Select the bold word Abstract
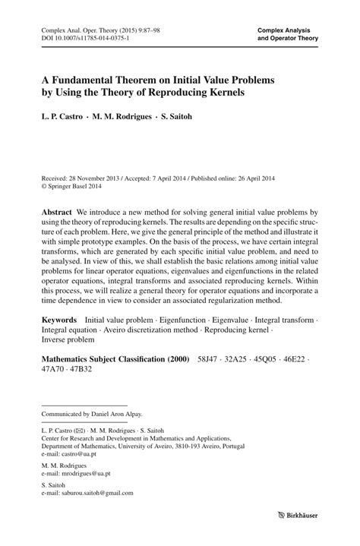click(57, 208)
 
